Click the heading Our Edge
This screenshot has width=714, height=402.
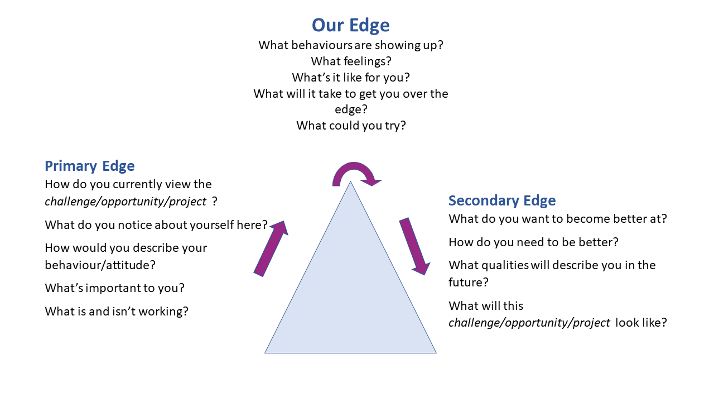click(x=350, y=25)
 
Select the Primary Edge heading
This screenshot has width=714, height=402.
click(x=89, y=166)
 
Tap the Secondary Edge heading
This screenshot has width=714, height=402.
click(x=502, y=200)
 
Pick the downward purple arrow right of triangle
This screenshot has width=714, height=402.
click(x=414, y=246)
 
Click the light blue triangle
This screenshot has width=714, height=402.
click(x=350, y=296)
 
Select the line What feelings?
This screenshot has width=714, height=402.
click(x=350, y=61)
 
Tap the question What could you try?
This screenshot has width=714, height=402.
click(x=351, y=125)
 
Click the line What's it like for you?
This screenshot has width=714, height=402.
click(x=351, y=77)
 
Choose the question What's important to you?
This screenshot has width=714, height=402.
click(x=114, y=288)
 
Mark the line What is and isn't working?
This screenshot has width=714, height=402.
click(x=117, y=311)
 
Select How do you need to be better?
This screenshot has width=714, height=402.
click(x=533, y=242)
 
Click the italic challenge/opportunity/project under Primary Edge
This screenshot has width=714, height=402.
click(x=126, y=201)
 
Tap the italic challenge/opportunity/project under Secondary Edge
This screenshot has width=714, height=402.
click(x=529, y=323)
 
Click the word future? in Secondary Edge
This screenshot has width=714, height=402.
click(x=469, y=283)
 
